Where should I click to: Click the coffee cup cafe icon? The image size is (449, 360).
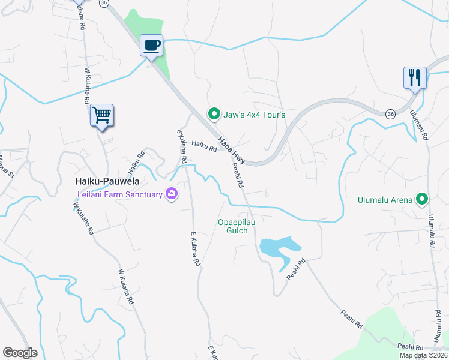coord(151,45)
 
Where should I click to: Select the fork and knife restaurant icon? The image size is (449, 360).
coord(415,78)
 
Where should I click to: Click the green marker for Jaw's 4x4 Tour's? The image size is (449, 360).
coord(212,113)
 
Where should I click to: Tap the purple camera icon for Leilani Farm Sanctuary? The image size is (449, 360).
coord(172,194)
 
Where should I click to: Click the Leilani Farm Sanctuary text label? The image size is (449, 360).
coord(120,194)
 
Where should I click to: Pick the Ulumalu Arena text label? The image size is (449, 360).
coord(385,200)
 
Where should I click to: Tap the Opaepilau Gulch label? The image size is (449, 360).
coord(232,226)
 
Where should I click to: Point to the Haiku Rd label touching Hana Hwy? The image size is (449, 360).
coord(204,146)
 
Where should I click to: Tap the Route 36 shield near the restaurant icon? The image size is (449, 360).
coord(391,113)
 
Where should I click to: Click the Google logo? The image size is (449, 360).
coord(20,353)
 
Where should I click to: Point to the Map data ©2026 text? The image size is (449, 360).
coord(424,355)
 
